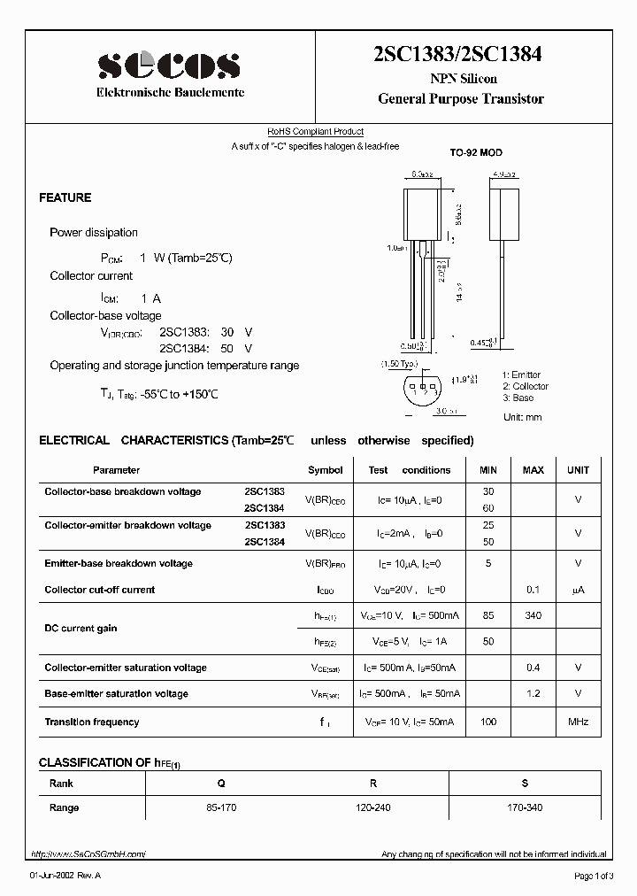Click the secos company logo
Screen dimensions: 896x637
coord(169,64)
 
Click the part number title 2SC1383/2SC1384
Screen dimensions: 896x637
coord(460,54)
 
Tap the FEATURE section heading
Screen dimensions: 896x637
coord(65,197)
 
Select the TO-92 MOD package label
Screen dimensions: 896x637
coord(475,153)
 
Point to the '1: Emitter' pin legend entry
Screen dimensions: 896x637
coord(521,375)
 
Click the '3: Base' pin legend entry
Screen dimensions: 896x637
coord(518,398)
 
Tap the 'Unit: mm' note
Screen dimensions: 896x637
coord(522,417)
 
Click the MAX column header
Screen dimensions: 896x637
coord(533,470)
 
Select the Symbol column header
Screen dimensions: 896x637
coord(325,470)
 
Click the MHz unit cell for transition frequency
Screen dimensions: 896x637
coord(578,722)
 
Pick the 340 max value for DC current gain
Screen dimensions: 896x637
coord(533,615)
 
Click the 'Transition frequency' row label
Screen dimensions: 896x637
coord(92,722)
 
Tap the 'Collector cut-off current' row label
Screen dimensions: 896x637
coord(99,590)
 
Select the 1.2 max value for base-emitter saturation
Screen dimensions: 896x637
coord(533,694)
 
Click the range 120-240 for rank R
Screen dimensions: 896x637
coord(373,807)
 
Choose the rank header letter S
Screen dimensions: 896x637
coord(526,784)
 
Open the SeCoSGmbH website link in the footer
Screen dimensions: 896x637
coord(88,854)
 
